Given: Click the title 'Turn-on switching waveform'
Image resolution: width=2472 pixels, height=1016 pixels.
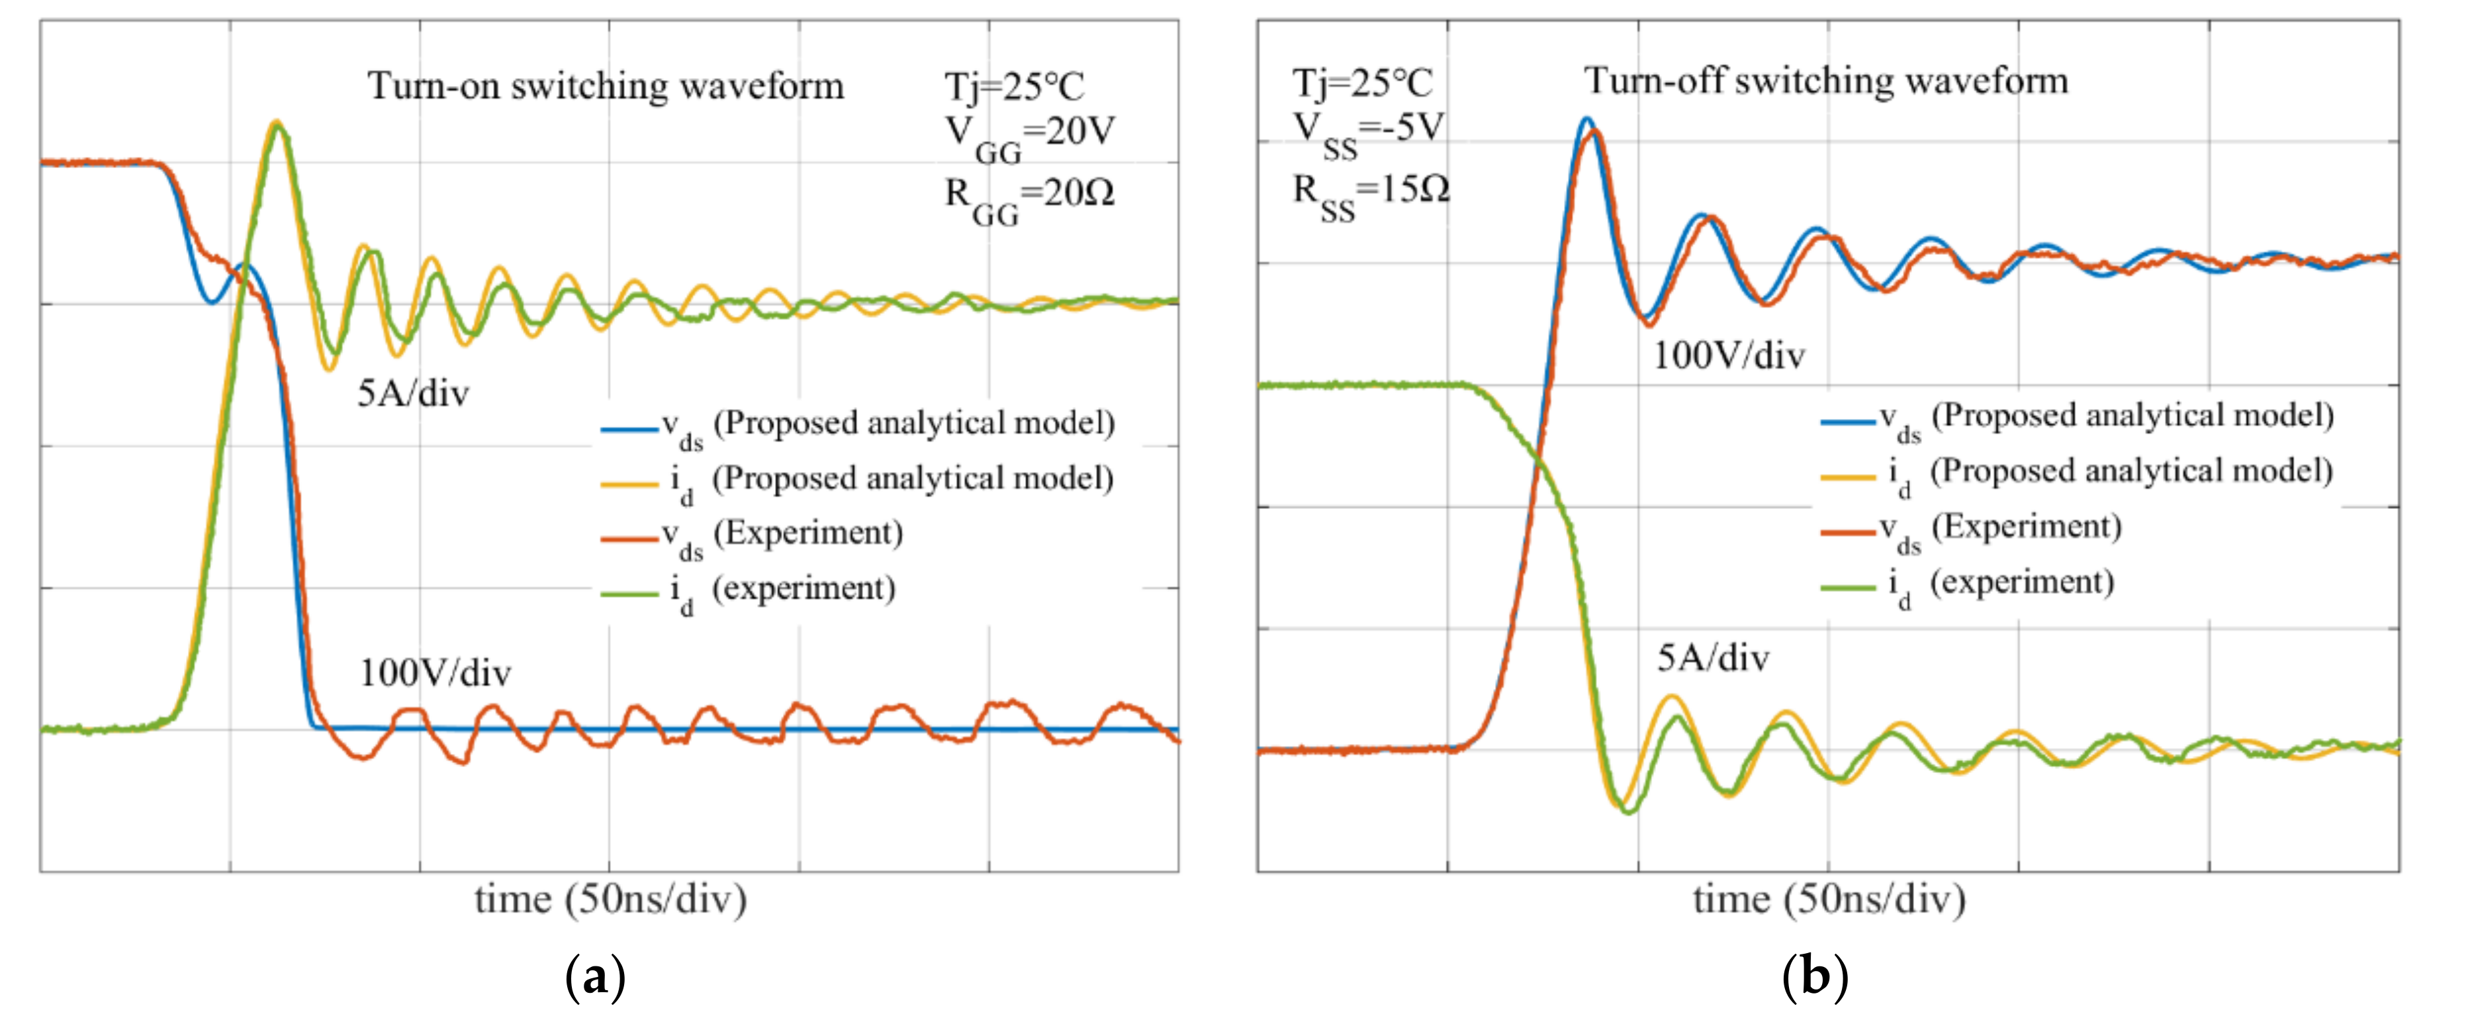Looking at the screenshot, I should pyautogui.click(x=606, y=86).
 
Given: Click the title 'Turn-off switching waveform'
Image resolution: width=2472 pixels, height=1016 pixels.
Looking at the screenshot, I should pyautogui.click(x=1825, y=81).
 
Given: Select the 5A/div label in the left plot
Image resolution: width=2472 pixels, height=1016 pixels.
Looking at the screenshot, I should pyautogui.click(x=412, y=393).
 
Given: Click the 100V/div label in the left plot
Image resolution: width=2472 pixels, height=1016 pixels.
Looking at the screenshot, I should pyautogui.click(x=435, y=674).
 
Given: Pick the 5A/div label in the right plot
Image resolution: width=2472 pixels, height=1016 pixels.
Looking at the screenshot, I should pyautogui.click(x=1713, y=658).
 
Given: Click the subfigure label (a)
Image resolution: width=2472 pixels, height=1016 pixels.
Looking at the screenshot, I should pyautogui.click(x=595, y=977).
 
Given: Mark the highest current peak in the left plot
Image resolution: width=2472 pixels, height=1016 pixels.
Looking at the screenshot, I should pyautogui.click(x=277, y=123).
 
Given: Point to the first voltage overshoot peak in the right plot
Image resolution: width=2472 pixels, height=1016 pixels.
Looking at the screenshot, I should pyautogui.click(x=1587, y=121).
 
